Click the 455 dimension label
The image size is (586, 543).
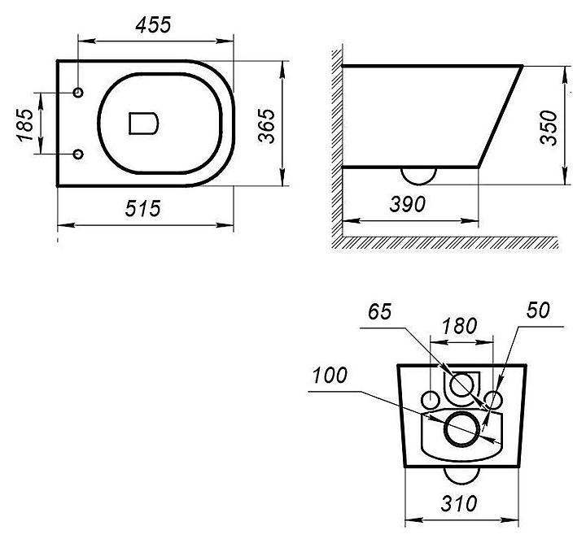pos(153,25)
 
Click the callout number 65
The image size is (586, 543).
pos(380,311)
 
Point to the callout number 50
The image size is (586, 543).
pos(538,310)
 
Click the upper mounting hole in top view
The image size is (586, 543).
pos(78,92)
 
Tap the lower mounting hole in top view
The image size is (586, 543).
pos(78,153)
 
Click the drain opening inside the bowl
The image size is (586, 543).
pos(143,123)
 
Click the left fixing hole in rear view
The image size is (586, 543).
pos(431,398)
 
